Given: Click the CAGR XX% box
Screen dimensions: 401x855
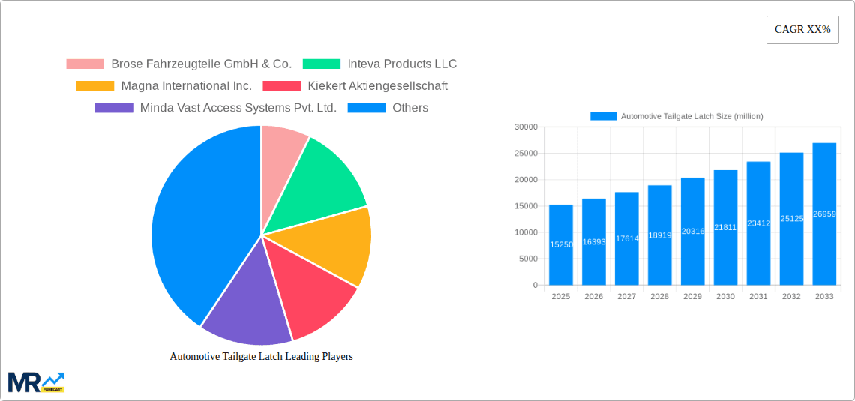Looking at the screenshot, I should point(802,30).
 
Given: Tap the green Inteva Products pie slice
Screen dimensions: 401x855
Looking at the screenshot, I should point(327,184).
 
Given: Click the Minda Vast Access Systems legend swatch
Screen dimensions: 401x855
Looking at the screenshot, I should point(114,108).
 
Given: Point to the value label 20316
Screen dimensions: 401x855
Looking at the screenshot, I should point(692,232).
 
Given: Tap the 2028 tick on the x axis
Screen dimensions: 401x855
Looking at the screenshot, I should point(659,297).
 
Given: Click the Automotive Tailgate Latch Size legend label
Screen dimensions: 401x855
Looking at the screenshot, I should point(691,116).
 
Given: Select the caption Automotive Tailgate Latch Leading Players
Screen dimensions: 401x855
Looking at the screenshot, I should point(261,356).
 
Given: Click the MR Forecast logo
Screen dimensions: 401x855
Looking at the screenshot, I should point(36,382).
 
